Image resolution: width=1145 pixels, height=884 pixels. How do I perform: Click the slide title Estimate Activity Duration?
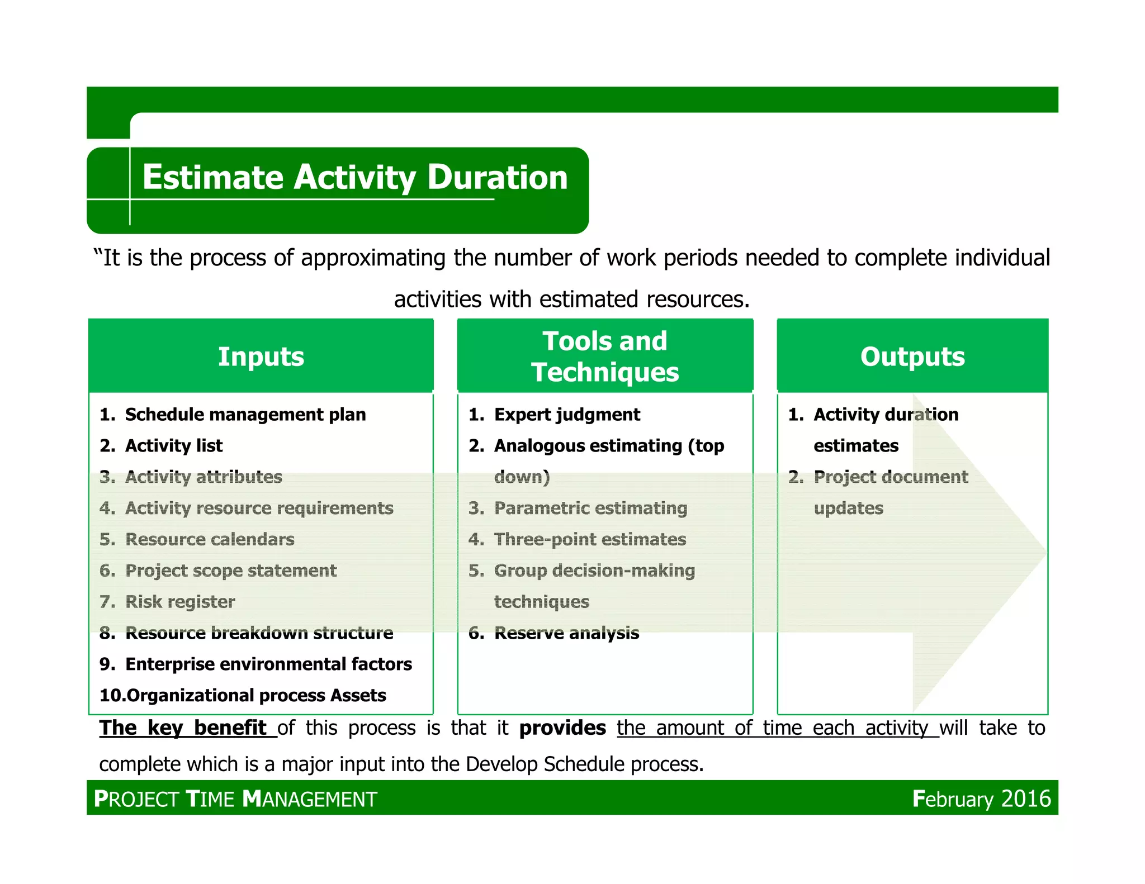(x=355, y=177)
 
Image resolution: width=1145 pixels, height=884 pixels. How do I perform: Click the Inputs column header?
(x=261, y=357)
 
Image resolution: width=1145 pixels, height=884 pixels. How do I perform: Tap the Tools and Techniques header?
(x=605, y=357)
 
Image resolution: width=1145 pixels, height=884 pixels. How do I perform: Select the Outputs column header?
(x=912, y=357)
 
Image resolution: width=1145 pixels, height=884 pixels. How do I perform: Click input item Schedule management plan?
(x=245, y=415)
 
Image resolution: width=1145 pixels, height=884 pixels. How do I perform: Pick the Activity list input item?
(x=173, y=446)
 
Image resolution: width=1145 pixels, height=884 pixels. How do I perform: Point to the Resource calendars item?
(x=210, y=539)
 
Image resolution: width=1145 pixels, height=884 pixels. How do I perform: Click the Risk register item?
(x=180, y=602)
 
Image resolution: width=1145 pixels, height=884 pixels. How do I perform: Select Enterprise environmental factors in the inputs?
(x=268, y=664)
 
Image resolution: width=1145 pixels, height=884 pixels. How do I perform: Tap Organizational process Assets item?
(x=256, y=696)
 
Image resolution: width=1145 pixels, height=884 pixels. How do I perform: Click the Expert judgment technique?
(x=567, y=415)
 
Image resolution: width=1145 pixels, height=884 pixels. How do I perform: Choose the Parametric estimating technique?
(x=590, y=508)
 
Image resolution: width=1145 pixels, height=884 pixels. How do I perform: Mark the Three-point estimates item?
(x=590, y=539)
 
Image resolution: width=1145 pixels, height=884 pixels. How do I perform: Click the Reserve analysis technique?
(x=566, y=633)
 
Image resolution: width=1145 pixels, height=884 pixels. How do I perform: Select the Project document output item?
(x=891, y=477)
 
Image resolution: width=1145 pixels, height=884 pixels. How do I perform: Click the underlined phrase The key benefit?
(x=183, y=728)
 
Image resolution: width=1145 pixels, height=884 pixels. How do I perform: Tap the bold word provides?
(x=562, y=728)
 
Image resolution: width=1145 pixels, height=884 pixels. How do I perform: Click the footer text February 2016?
(x=981, y=799)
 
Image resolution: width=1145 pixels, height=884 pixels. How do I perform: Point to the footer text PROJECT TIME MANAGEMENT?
(x=235, y=799)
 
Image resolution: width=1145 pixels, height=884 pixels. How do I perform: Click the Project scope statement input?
(x=230, y=571)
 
